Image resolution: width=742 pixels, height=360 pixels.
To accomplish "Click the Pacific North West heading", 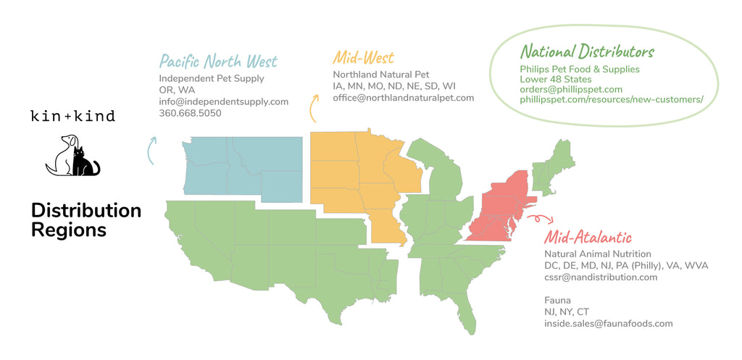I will tap(218, 61).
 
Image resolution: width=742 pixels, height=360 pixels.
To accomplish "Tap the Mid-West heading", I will tap(364, 56).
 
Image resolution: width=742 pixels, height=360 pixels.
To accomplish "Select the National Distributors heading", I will tap(587, 51).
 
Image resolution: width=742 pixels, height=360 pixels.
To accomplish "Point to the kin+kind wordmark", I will tap(72, 116).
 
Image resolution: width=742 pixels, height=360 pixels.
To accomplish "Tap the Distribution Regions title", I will tap(86, 220).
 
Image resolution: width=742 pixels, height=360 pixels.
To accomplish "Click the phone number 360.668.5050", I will tap(190, 113).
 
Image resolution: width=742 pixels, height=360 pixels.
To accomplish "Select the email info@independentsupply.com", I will tap(223, 101).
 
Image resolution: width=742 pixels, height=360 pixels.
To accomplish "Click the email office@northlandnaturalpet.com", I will tap(403, 98).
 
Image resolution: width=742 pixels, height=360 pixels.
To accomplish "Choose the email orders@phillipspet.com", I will tap(571, 89).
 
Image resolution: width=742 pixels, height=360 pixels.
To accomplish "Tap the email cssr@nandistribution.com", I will tap(601, 277).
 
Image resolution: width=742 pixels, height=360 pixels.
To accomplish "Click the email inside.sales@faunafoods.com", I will tap(609, 323).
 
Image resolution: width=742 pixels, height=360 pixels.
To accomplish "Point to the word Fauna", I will tap(557, 300).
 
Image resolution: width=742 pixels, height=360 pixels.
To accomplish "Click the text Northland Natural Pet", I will tap(381, 75).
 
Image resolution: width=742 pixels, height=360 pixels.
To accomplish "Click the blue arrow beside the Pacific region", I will tap(151, 150).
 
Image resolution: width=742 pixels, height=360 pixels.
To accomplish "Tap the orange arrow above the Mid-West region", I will tap(314, 108).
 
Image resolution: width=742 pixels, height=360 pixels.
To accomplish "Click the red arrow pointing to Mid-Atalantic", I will tap(538, 217).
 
